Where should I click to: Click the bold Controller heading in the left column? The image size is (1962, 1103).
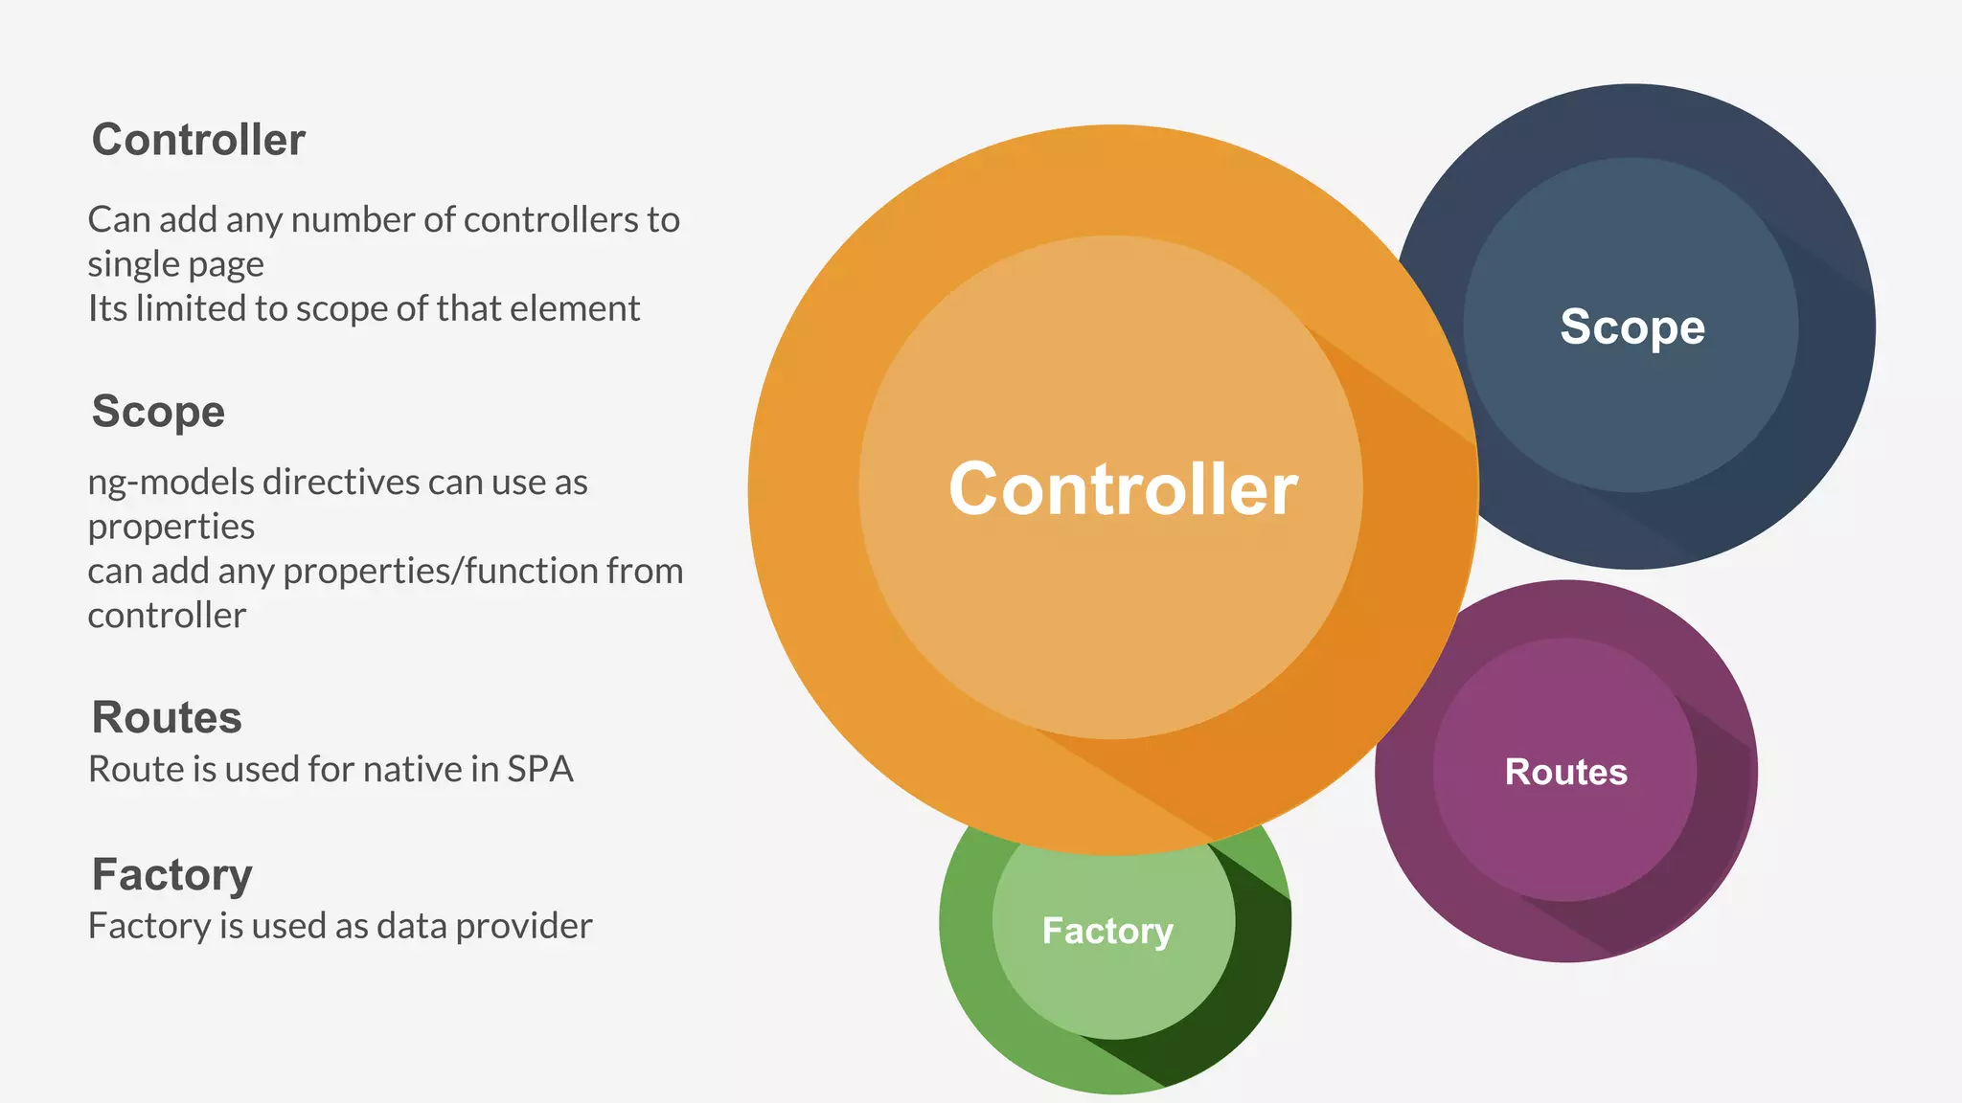198,140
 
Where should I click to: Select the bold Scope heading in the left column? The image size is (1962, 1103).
158,412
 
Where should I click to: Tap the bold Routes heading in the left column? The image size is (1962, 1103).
167,717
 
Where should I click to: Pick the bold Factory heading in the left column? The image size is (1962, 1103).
172,874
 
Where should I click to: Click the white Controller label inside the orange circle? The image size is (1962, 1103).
1123,489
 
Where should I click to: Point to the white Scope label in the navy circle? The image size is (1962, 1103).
1632,327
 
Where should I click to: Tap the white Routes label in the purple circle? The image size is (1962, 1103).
1565,772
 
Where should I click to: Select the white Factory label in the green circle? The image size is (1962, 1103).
1107,931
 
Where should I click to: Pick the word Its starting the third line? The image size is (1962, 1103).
106,308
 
